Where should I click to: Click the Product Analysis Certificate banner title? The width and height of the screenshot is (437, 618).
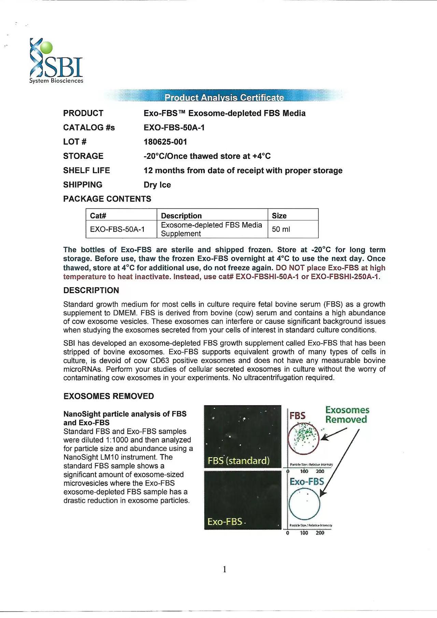coord(224,97)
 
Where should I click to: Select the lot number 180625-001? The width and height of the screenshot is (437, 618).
coord(165,142)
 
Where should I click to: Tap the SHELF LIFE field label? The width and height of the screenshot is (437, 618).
coord(86,170)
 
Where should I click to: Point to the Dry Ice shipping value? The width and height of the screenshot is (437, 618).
coord(157,185)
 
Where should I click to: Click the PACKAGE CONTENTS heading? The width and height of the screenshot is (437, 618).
coord(107,199)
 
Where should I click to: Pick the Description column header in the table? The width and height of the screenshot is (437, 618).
coord(181,216)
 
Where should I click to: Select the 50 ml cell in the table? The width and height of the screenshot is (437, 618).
coord(281,229)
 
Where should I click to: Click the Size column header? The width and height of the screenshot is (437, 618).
coord(279,216)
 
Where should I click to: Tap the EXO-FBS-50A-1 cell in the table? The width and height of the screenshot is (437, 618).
coord(117,229)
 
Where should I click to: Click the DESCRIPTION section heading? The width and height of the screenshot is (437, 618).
coord(91,290)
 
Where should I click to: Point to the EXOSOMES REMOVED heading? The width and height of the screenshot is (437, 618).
coord(109,396)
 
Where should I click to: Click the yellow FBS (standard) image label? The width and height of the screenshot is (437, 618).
coord(238,461)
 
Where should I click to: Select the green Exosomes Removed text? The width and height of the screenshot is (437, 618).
coord(347,415)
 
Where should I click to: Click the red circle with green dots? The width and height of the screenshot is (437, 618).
coord(304,439)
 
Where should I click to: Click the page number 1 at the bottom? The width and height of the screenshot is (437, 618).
coord(224,569)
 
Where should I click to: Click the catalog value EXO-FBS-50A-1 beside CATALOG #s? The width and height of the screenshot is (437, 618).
coord(174,128)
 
